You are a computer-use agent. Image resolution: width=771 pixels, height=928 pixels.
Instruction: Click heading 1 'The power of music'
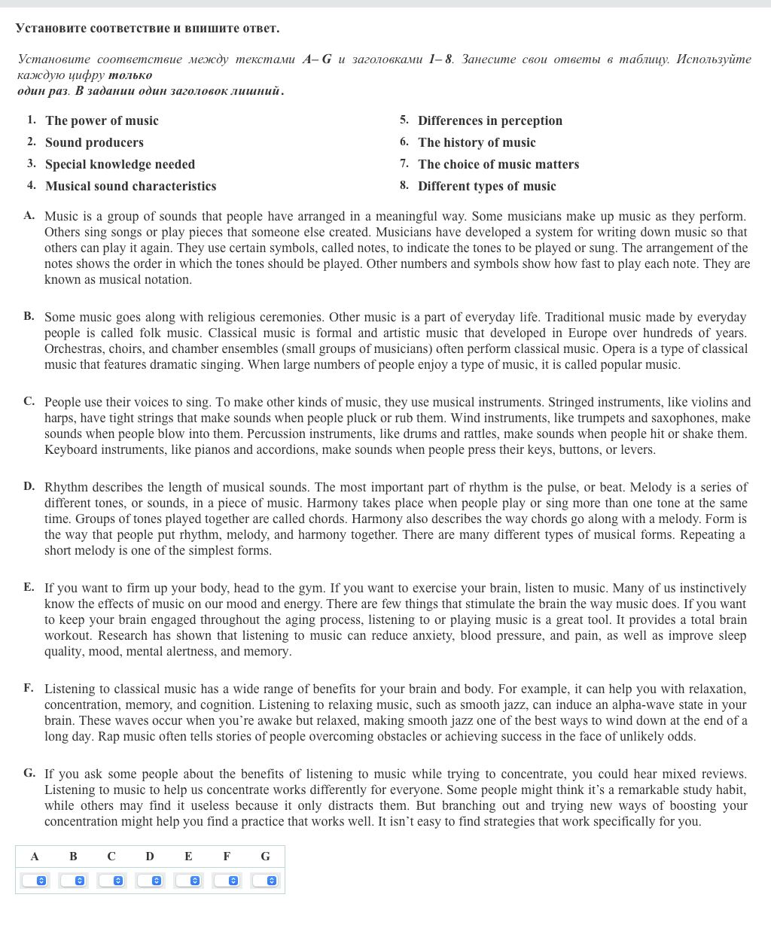coord(102,120)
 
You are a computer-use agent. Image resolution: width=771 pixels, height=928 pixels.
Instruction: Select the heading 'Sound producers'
coord(94,142)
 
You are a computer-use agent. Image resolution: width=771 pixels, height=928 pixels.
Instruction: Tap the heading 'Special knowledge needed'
coord(120,164)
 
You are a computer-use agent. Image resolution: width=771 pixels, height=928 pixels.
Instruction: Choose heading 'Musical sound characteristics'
coord(130,186)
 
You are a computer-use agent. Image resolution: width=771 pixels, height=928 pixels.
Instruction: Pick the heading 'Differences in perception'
coord(490,120)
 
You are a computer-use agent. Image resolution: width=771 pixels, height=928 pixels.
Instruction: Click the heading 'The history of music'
coord(477,142)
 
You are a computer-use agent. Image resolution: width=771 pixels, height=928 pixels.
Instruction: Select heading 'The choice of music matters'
coord(498,164)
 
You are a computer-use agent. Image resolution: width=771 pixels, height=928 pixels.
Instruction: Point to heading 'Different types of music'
coord(487,186)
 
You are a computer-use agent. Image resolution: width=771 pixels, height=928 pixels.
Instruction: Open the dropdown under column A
coord(35,881)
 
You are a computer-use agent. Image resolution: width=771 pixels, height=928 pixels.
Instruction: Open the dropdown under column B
coord(73,881)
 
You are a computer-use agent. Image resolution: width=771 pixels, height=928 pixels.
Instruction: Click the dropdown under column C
coord(111,881)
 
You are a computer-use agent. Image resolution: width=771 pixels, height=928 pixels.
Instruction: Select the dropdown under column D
coord(150,881)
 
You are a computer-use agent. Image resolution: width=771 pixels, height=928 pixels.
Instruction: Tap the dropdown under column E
coord(188,881)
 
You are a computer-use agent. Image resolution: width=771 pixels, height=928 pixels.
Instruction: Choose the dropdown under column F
coord(227,881)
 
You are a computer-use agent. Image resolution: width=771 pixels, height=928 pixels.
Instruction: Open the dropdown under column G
coord(265,881)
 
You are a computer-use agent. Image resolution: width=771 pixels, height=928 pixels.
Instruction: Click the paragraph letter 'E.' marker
coord(29,587)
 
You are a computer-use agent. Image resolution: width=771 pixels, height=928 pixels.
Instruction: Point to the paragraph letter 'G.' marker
coord(29,773)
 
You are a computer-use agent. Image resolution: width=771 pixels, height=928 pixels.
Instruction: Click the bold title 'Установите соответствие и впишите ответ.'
coord(148,29)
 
